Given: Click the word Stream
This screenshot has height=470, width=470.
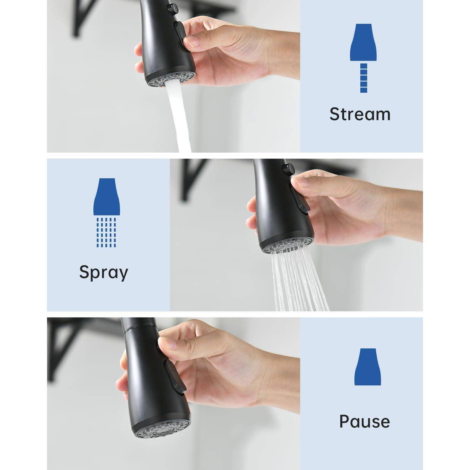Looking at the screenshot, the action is tap(360, 114).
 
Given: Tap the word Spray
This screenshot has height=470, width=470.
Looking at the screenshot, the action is tap(104, 272).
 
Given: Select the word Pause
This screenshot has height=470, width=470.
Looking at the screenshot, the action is tap(365, 421).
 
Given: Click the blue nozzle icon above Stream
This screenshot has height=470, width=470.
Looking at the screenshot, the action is tap(363, 42).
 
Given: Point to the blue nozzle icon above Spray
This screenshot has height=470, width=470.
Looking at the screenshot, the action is tap(107, 197).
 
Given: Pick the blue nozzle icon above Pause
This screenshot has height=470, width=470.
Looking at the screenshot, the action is tap(368, 367).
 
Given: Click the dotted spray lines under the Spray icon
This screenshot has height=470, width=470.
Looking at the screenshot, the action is tap(107, 232).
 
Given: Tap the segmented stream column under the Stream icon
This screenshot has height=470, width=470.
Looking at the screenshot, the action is tap(363, 78).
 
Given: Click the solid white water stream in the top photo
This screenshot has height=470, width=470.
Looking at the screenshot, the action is tap(179, 118).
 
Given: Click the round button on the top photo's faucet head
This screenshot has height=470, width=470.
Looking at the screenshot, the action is tap(172, 8).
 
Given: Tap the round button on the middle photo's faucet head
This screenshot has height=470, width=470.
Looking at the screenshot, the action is tap(288, 169).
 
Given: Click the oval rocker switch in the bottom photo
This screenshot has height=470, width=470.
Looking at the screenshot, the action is tap(174, 375).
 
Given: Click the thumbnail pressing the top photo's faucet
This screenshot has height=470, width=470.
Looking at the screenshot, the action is tap(191, 41).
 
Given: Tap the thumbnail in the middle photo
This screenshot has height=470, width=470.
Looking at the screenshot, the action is tap(299, 182).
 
